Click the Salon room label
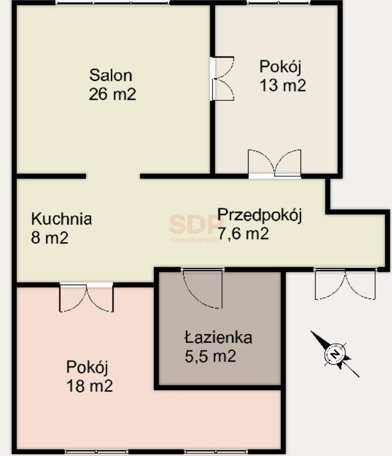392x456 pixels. click(x=111, y=75)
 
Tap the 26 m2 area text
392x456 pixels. click(x=112, y=94)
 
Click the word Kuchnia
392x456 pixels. click(x=61, y=219)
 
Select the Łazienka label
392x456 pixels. click(x=218, y=337)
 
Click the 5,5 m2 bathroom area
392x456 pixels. click(x=211, y=356)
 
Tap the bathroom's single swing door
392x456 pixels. click(x=202, y=288)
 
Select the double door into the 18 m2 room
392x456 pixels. click(x=86, y=297)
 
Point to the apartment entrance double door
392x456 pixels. click(x=345, y=285)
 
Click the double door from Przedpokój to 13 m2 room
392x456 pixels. click(x=274, y=163)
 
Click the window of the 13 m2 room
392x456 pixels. click(x=274, y=3)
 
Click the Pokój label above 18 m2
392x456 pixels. click(x=87, y=367)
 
